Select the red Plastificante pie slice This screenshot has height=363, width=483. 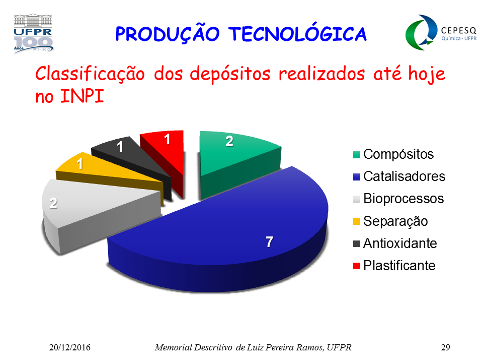pyautogui.click(x=167, y=154)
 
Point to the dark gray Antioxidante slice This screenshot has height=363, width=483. pyautogui.click(x=129, y=157)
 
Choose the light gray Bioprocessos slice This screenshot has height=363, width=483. pyautogui.click(x=93, y=210)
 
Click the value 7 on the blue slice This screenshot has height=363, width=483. pyautogui.click(x=270, y=242)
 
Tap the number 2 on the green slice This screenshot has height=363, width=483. pyautogui.click(x=229, y=141)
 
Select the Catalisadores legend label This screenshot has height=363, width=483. pyautogui.click(x=404, y=176)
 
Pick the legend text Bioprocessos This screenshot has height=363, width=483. pyautogui.click(x=404, y=199)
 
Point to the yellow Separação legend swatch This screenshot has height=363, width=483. pyautogui.click(x=357, y=221)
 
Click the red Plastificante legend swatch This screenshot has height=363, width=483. pyautogui.click(x=357, y=266)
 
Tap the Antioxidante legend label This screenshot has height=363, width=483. pyautogui.click(x=400, y=243)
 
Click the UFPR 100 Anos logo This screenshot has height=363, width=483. pyautogui.click(x=33, y=33)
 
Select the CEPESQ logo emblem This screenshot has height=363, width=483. pyautogui.click(x=421, y=32)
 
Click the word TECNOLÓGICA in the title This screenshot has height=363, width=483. pyautogui.click(x=297, y=33)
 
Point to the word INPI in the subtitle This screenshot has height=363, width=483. pyautogui.click(x=82, y=96)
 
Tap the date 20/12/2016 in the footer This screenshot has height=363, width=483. pyautogui.click(x=70, y=347)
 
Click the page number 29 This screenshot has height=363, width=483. pyautogui.click(x=445, y=347)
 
